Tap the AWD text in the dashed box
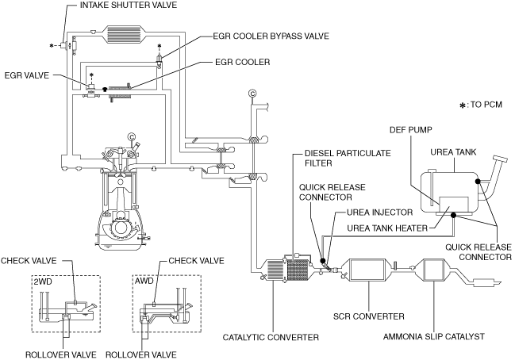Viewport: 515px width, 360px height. pyautogui.click(x=147, y=281)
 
